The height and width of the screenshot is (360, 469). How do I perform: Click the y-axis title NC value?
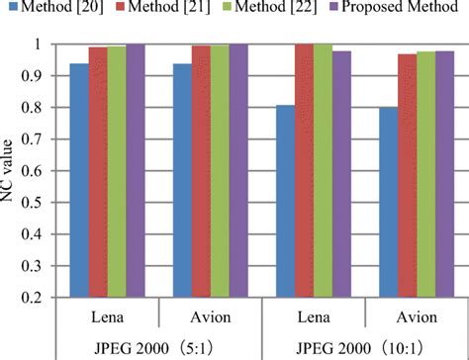point(13,170)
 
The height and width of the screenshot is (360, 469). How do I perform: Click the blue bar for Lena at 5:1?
point(79,178)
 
